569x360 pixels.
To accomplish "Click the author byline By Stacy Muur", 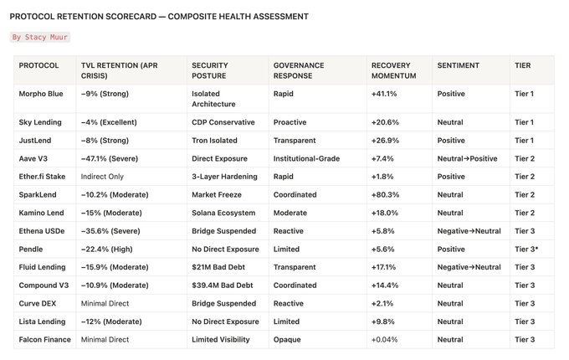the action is [x=40, y=37].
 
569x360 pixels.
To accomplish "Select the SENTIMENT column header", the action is [x=458, y=65].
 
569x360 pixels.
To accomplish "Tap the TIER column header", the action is [x=522, y=65].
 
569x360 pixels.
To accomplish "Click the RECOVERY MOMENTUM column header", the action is [x=394, y=70].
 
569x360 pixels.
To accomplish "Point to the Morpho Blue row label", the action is [x=41, y=94].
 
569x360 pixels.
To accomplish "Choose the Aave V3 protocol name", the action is [x=33, y=158].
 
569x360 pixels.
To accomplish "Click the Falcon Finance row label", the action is [x=44, y=340].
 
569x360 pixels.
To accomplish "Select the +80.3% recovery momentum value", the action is [x=385, y=195].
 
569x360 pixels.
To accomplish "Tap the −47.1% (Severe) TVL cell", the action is [x=110, y=158].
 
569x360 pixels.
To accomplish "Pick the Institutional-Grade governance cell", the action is [x=306, y=158].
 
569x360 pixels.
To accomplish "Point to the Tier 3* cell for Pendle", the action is [x=526, y=249].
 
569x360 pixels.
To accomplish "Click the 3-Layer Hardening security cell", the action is [x=224, y=177].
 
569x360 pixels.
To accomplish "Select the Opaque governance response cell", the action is [x=287, y=340].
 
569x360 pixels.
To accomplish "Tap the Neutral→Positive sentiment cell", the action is [x=467, y=158].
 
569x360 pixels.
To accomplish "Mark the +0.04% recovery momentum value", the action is [x=384, y=340].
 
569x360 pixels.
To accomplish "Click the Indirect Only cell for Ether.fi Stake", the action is [x=102, y=177].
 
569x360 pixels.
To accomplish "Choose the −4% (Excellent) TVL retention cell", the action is [x=109, y=122].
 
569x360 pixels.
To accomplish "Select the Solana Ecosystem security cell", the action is [x=223, y=213].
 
